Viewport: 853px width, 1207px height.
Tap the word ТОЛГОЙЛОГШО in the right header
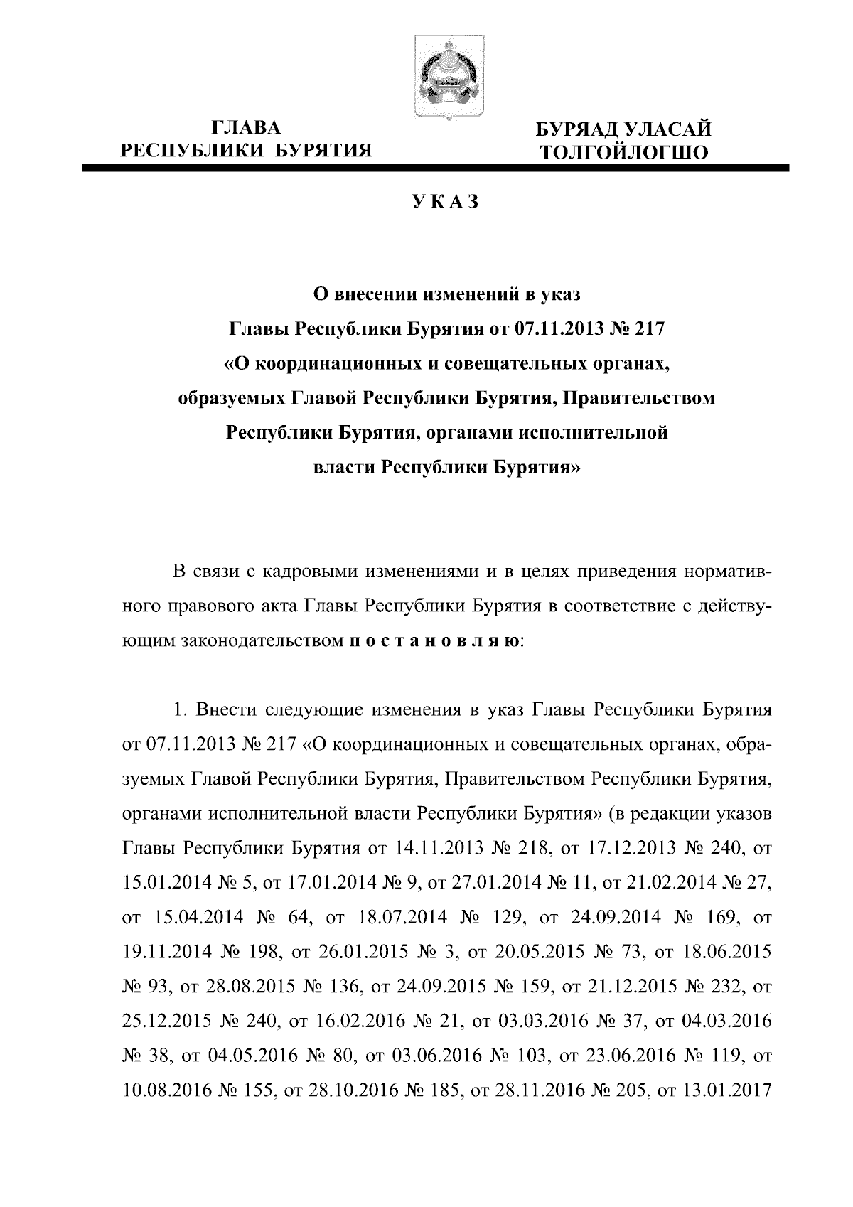(x=623, y=151)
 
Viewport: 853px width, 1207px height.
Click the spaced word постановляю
(x=436, y=640)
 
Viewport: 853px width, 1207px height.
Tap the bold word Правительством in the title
(x=638, y=398)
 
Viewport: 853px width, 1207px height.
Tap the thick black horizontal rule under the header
(x=436, y=168)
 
